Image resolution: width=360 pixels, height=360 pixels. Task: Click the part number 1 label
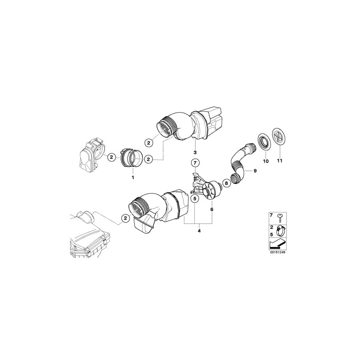coord(133,176)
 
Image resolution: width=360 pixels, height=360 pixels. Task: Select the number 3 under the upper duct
coord(195,152)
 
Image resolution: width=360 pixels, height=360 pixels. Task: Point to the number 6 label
coord(212,209)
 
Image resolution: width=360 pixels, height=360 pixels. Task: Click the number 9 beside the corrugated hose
coord(255,171)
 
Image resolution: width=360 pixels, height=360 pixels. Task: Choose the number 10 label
coord(265,161)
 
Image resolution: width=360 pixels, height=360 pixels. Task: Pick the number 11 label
coord(280,161)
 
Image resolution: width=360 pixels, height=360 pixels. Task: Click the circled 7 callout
coord(195,163)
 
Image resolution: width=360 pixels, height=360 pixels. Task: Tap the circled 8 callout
coord(226,183)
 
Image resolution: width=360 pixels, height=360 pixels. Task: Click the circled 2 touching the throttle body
coord(112,157)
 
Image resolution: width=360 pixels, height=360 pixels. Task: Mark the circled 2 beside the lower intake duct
coord(126,218)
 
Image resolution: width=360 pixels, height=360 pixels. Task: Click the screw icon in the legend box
coord(280,216)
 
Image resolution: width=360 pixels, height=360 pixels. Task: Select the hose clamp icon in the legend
coord(280,230)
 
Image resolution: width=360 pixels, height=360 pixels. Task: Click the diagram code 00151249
coord(278,252)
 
